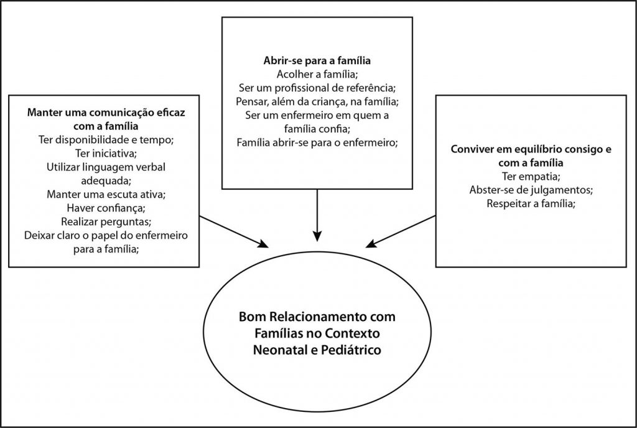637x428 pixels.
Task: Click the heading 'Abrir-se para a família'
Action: (x=317, y=62)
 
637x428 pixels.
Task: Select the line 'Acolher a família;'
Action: (x=317, y=75)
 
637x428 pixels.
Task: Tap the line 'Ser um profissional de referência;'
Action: (x=317, y=88)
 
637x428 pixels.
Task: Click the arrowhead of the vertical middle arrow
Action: (x=317, y=235)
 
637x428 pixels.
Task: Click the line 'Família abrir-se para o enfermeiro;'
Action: (x=317, y=142)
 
